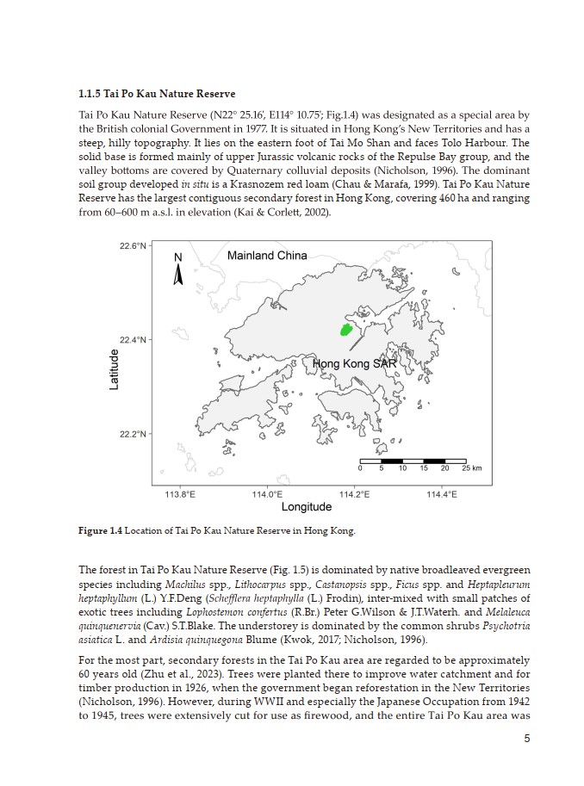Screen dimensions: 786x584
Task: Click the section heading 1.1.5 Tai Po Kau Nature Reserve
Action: point(157,93)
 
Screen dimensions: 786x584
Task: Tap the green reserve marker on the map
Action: point(346,329)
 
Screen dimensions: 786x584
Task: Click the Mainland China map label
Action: point(267,256)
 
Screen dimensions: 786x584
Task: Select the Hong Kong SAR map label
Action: point(354,364)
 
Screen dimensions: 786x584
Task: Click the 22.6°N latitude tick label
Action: point(133,246)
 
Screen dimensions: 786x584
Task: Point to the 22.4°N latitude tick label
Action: point(133,339)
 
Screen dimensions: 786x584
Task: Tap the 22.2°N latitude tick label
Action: point(133,433)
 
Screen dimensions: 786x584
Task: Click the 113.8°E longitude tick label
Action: point(179,494)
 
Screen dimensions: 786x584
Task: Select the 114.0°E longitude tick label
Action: point(267,494)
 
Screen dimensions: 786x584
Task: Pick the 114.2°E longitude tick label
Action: point(355,494)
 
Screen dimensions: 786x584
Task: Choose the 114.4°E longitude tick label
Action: point(442,494)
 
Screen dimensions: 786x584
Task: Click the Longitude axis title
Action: point(307,507)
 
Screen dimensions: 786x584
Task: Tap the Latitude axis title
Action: point(115,368)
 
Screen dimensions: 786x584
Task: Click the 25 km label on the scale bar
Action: point(471,467)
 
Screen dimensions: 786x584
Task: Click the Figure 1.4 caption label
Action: point(101,531)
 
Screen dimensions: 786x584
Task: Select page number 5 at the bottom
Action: point(525,740)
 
